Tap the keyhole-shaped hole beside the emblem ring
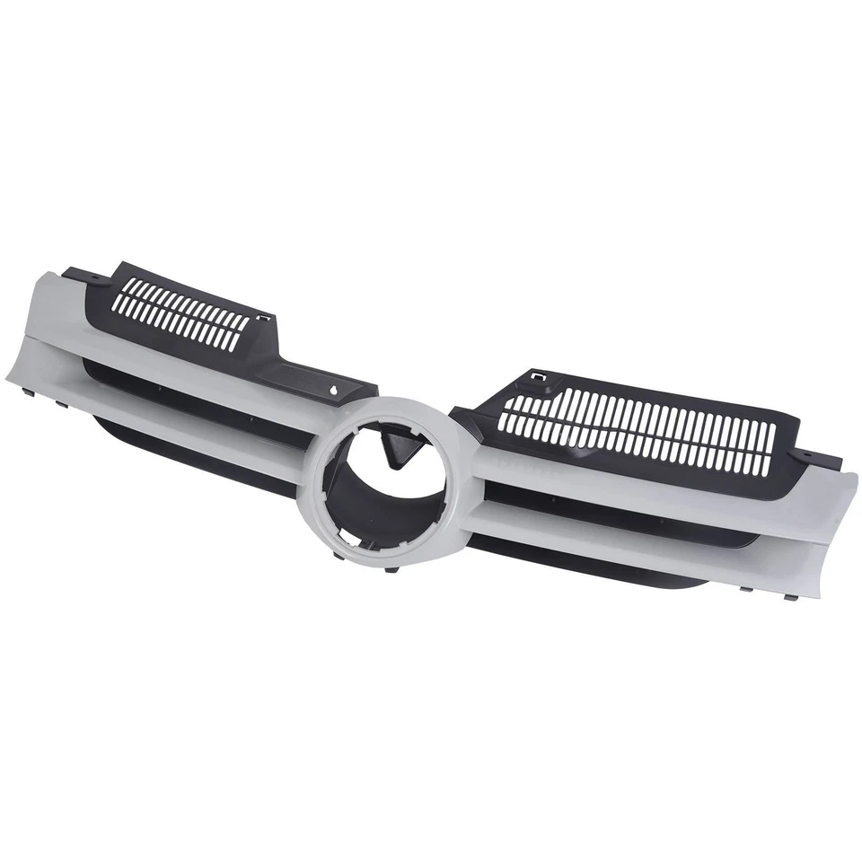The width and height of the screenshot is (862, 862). coord(334,391)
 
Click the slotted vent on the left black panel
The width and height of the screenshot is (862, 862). coord(185,313)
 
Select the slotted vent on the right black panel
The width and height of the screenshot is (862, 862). coord(638,431)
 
